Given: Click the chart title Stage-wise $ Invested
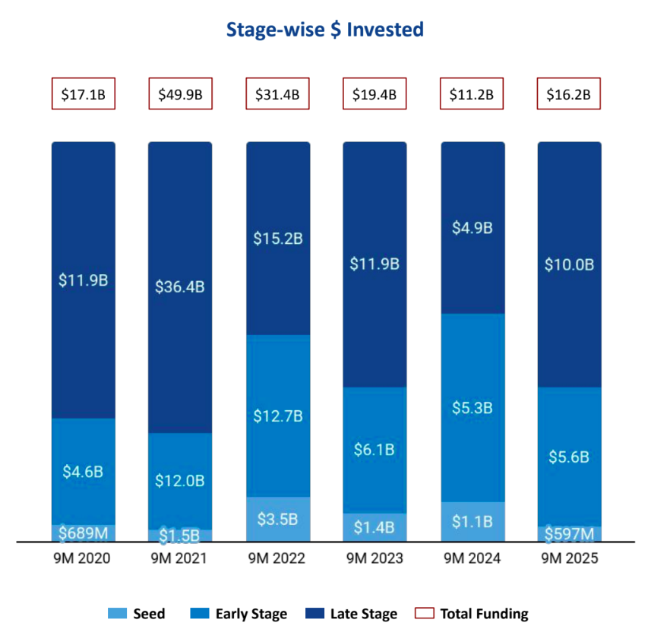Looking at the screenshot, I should [x=324, y=30].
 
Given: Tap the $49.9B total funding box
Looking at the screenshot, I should [x=180, y=94].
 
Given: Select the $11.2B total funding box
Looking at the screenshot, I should [x=472, y=94].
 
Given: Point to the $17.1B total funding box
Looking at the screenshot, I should [x=83, y=94].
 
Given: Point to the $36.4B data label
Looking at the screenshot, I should [x=180, y=287].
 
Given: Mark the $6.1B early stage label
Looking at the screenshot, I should [x=374, y=450].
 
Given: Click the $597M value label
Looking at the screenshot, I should [x=569, y=535].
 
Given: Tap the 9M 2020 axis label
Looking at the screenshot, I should [x=83, y=559].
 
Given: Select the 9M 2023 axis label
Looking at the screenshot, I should [x=374, y=559].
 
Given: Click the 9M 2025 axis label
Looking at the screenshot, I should [x=569, y=559].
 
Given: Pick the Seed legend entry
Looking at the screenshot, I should [x=137, y=614].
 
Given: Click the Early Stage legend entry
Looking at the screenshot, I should [x=240, y=614].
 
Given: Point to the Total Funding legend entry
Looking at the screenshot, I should [x=472, y=614].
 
